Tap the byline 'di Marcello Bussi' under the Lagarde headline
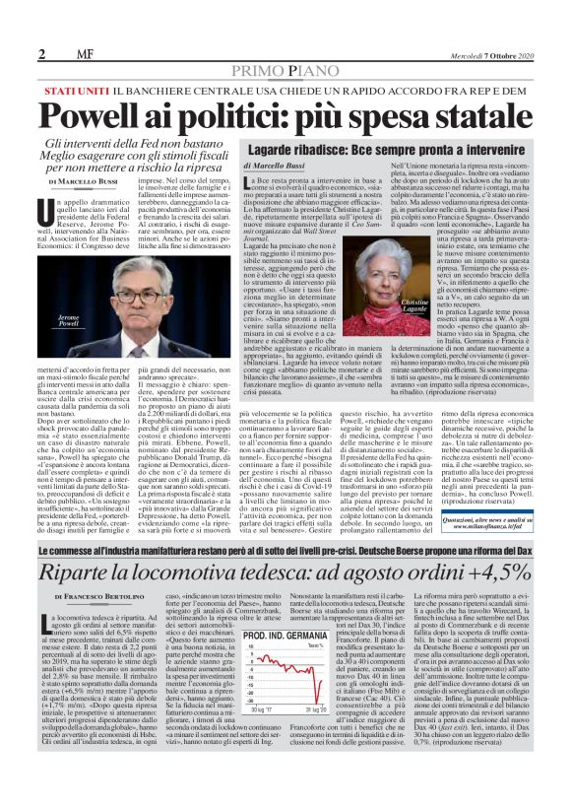tap(276, 169)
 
